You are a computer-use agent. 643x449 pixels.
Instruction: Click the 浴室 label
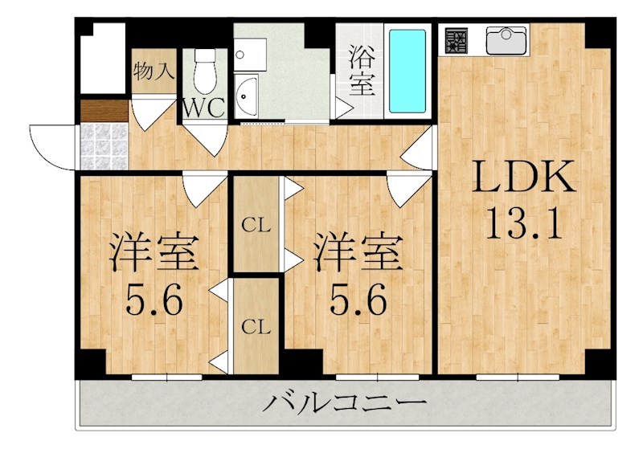pos(362,70)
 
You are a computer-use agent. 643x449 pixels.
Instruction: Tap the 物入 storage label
pos(153,70)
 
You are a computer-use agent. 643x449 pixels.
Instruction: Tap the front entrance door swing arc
pos(50,145)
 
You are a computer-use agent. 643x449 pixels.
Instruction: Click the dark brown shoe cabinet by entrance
pos(104,111)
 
